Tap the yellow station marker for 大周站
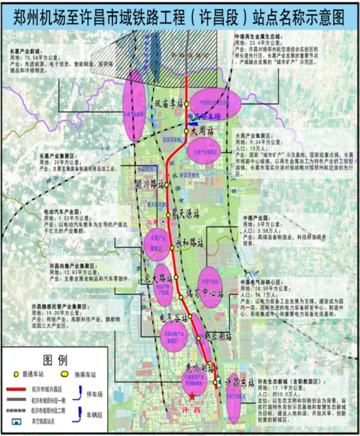[x=186, y=131]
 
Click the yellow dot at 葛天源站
[x=170, y=212]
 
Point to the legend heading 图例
[x=55, y=360]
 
